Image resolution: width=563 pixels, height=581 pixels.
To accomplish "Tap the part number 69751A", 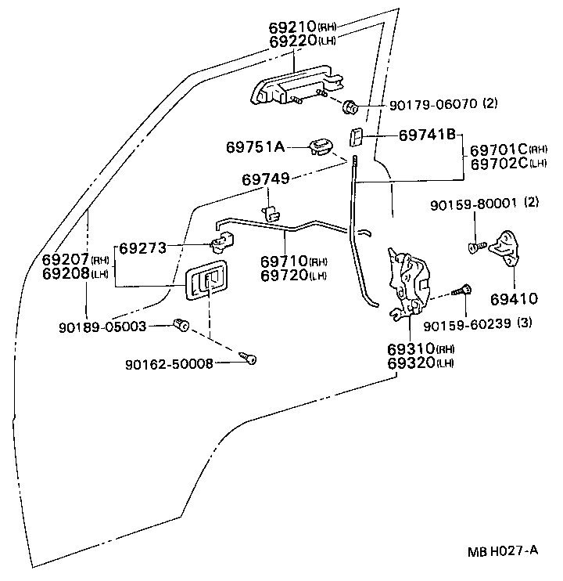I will point(256,146).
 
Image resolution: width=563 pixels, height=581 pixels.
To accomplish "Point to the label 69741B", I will point(427,135).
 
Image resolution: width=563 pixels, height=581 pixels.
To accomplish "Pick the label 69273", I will point(144,249).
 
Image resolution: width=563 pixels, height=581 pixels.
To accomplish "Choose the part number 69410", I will point(515,298).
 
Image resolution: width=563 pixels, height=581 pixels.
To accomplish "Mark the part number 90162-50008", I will point(169,364).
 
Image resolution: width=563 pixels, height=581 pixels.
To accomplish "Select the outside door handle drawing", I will point(289,87).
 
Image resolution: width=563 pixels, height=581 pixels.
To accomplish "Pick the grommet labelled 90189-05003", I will point(182,323).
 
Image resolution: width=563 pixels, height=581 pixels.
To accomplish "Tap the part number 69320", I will point(409,363).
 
